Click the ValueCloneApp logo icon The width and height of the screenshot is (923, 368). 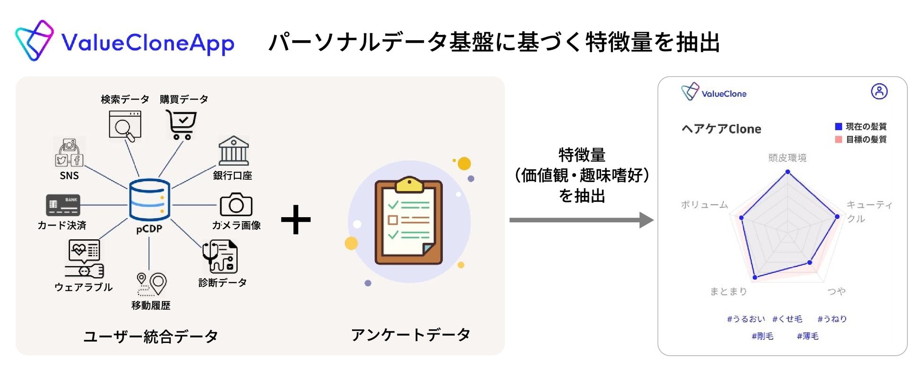tap(34, 41)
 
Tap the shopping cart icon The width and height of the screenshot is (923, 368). tap(181, 124)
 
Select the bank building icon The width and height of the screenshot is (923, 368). tap(233, 151)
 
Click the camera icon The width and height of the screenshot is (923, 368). tap(236, 204)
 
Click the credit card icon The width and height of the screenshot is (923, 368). tap(63, 205)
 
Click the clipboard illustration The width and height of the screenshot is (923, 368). tap(408, 221)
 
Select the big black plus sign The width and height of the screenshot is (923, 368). tap(296, 220)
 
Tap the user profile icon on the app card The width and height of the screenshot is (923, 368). tap(879, 91)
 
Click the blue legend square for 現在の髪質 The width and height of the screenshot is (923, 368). tap(838, 126)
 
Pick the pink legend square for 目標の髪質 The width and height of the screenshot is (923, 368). tap(838, 139)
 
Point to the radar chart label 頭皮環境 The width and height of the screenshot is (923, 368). tap(787, 158)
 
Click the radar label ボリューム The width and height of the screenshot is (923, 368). tap(704, 205)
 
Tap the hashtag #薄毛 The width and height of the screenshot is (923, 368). tap(808, 336)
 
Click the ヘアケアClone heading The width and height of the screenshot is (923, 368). tap(721, 129)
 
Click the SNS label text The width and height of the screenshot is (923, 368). tap(69, 176)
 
